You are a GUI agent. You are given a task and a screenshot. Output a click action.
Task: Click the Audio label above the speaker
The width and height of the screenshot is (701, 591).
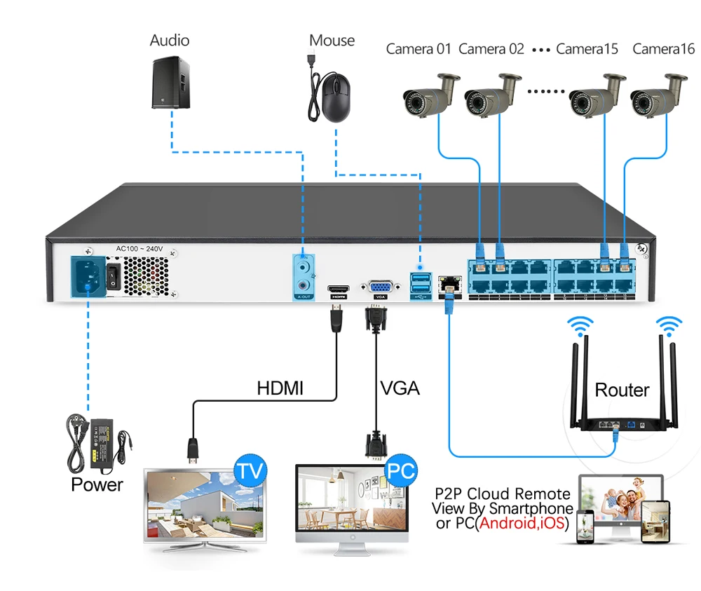point(170,40)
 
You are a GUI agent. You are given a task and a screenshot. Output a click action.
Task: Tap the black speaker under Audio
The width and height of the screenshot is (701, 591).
point(170,83)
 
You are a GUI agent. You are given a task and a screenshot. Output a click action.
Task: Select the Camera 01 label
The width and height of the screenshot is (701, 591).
point(419,49)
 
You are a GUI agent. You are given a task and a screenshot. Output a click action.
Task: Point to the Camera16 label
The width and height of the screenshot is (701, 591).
point(663,49)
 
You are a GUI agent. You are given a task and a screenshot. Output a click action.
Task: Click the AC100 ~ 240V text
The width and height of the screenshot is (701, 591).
point(140,248)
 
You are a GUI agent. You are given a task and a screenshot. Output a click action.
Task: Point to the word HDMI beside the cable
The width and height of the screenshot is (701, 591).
point(280,388)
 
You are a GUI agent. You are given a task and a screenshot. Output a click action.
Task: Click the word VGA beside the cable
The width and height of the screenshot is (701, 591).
point(400,388)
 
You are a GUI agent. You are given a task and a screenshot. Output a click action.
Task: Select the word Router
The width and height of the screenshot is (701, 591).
point(622,390)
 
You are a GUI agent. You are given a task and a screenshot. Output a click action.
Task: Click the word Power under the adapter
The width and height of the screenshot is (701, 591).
point(97,484)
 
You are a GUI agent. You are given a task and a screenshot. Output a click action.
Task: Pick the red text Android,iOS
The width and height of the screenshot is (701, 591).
point(523,523)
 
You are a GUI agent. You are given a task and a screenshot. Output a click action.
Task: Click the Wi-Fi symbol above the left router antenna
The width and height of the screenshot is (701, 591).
point(580,326)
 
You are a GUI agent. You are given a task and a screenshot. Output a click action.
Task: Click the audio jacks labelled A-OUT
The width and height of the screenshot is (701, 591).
point(304,276)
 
